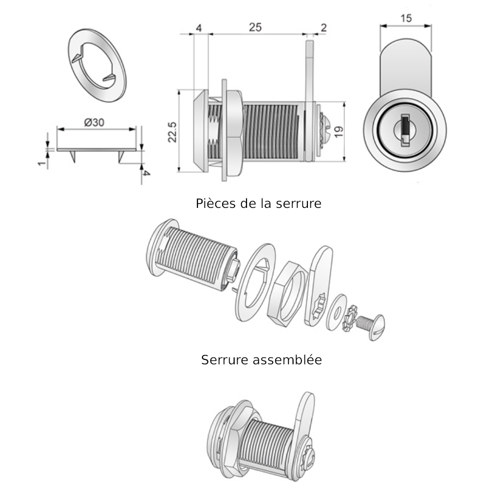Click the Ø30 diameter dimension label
pos(94,123)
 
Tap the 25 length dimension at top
pos(255,28)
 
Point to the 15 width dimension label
pos(405,19)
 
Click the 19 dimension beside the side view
pos(339,132)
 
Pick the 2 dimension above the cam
pos(323,28)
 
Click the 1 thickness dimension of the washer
pos(43,161)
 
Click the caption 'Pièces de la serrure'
pos(258,203)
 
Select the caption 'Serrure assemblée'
pos(261,359)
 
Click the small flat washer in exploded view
pos(336,311)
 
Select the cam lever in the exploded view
pos(319,285)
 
